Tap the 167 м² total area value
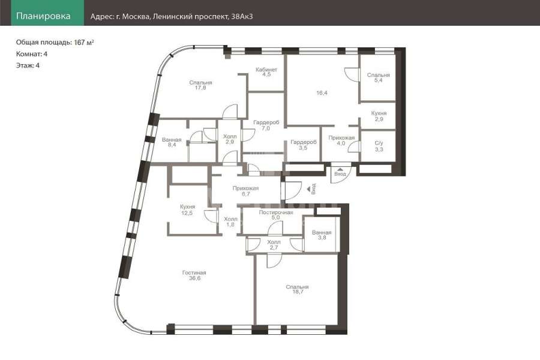pyautogui.click(x=84, y=43)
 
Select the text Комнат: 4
pyautogui.click(x=32, y=54)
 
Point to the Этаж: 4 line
pyautogui.click(x=28, y=65)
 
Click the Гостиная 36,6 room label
pyautogui.click(x=194, y=275)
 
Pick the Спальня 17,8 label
pyautogui.click(x=200, y=85)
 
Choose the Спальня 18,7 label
pyautogui.click(x=297, y=289)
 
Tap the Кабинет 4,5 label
pyautogui.click(x=266, y=71)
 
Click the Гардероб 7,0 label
pyautogui.click(x=266, y=125)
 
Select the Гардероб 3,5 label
pyautogui.click(x=304, y=145)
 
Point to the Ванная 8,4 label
pyautogui.click(x=172, y=142)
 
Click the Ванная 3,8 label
pyautogui.click(x=322, y=235)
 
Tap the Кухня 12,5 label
pyautogui.click(x=187, y=210)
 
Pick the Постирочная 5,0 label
pyautogui.click(x=276, y=215)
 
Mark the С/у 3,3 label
pyautogui.click(x=379, y=146)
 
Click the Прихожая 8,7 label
pyautogui.click(x=245, y=191)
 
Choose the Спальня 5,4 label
pyautogui.click(x=378, y=77)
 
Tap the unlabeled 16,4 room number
pyautogui.click(x=322, y=93)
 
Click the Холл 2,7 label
pyautogui.click(x=274, y=245)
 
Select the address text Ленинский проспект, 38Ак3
pyautogui.click(x=203, y=16)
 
